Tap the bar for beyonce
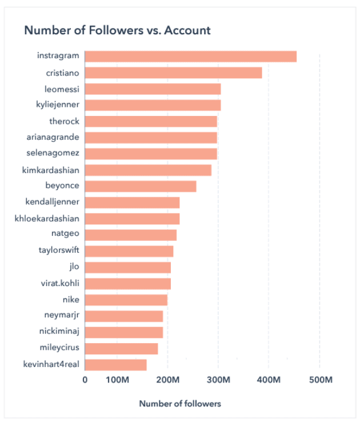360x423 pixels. pyautogui.click(x=141, y=186)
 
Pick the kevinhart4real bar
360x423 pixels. pyautogui.click(x=115, y=364)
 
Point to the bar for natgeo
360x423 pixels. pyautogui.click(x=131, y=235)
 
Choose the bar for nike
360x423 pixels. pyautogui.click(x=126, y=300)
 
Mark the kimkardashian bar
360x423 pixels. pyautogui.click(x=148, y=170)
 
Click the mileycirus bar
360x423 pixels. pyautogui.click(x=121, y=348)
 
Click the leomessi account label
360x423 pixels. pyautogui.click(x=62, y=89)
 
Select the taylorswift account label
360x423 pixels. pyautogui.click(x=58, y=251)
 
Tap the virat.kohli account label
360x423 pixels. pyautogui.click(x=59, y=283)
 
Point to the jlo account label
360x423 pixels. pyautogui.click(x=73, y=267)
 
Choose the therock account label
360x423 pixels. pyautogui.click(x=64, y=122)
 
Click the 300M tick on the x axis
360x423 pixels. pyautogui.click(x=218, y=380)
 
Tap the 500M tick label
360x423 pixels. pyautogui.click(x=319, y=380)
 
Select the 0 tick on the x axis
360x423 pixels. pyautogui.click(x=85, y=380)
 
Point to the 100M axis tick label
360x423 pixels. pyautogui.click(x=117, y=380)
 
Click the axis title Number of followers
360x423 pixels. pyautogui.click(x=180, y=404)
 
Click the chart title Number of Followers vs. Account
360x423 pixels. pyautogui.click(x=117, y=30)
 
